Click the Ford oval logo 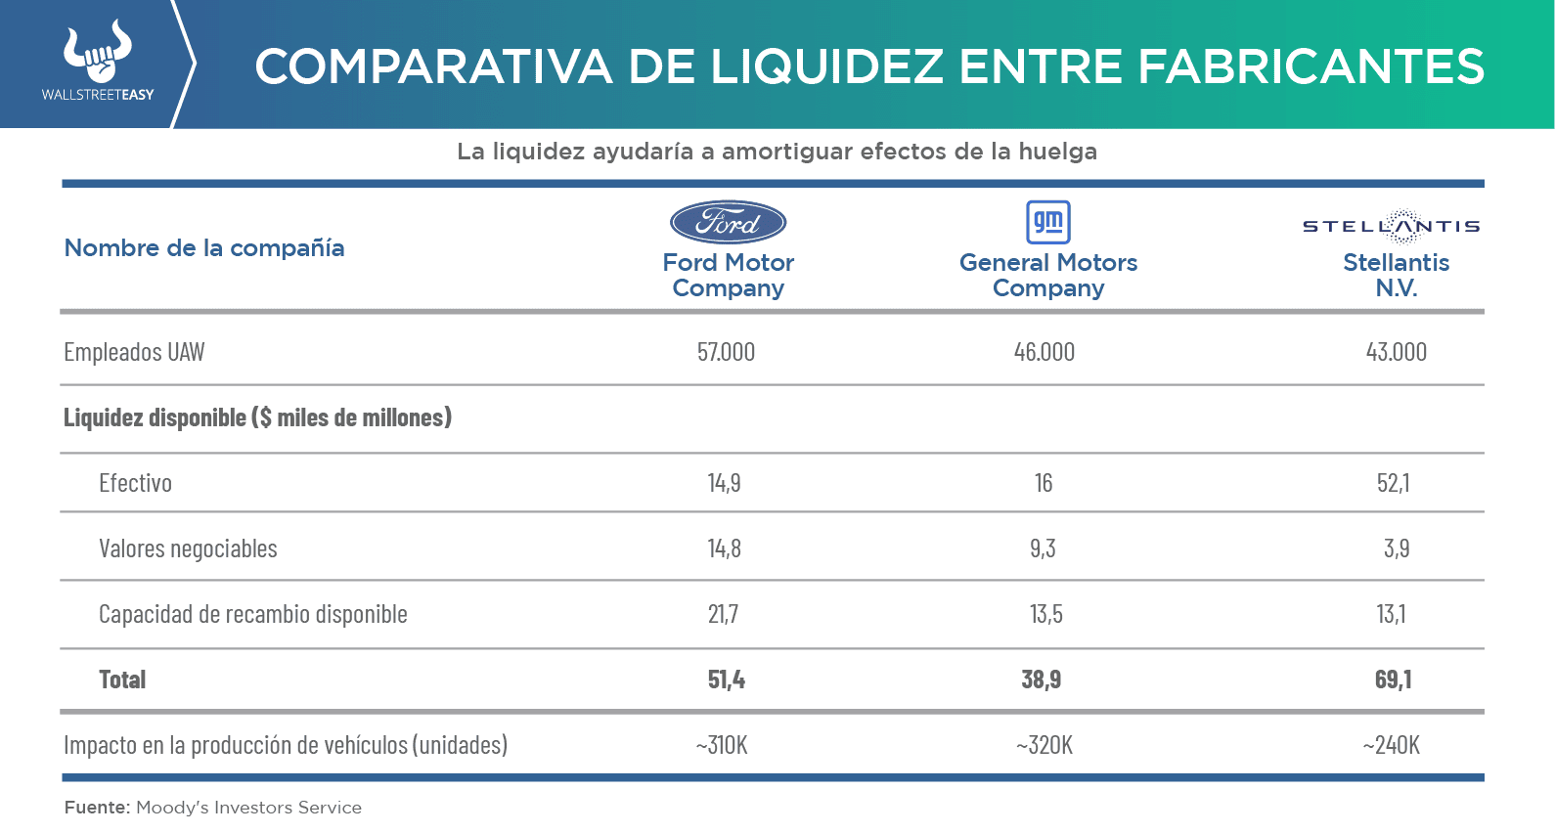click(728, 223)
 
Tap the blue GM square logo click(1047, 222)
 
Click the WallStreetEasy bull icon click(97, 53)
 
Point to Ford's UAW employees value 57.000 click(726, 352)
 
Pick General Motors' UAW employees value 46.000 click(1044, 352)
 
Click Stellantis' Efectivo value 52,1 click(1393, 483)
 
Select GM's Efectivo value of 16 click(1044, 483)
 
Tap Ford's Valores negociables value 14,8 click(724, 548)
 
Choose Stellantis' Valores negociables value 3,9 click(1396, 548)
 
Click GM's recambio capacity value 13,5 click(1045, 614)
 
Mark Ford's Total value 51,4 click(726, 680)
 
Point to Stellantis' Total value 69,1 click(1393, 680)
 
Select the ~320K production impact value click(1044, 745)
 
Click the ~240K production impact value click(1391, 745)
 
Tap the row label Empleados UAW click(134, 352)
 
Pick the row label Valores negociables click(188, 548)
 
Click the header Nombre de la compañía click(203, 248)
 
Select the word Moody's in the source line click(171, 808)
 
